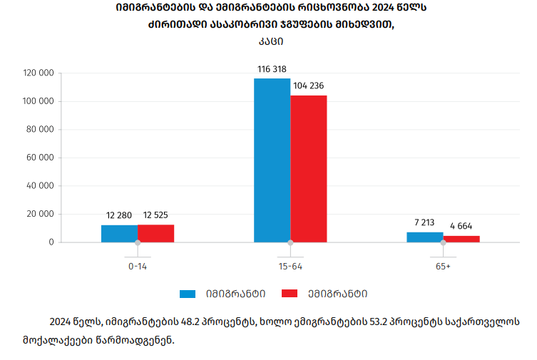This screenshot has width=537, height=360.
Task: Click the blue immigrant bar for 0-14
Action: [x=119, y=233]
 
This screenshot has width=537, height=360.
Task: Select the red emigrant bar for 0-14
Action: [x=155, y=233]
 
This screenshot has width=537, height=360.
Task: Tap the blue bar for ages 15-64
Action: [x=272, y=160]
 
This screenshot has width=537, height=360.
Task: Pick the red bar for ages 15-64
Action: [x=308, y=169]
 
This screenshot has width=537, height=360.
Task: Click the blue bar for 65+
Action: [x=424, y=237]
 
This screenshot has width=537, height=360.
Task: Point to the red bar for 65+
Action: [x=461, y=239]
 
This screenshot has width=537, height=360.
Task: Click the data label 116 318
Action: [x=271, y=69]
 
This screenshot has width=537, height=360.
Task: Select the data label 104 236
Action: [x=308, y=86]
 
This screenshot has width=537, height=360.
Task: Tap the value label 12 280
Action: [x=119, y=215]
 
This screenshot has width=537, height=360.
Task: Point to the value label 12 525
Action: [x=155, y=215]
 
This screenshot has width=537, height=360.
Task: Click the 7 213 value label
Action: [x=425, y=222]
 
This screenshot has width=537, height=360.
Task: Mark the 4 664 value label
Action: [x=461, y=226]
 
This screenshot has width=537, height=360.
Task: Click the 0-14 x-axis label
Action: [x=138, y=266]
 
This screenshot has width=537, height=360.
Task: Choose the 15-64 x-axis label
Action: [x=290, y=266]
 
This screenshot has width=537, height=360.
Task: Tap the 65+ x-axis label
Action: [x=443, y=266]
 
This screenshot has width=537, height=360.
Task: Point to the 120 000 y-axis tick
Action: [x=39, y=73]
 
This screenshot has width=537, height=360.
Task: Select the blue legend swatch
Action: [x=188, y=294]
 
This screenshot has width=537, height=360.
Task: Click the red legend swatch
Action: [x=289, y=294]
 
